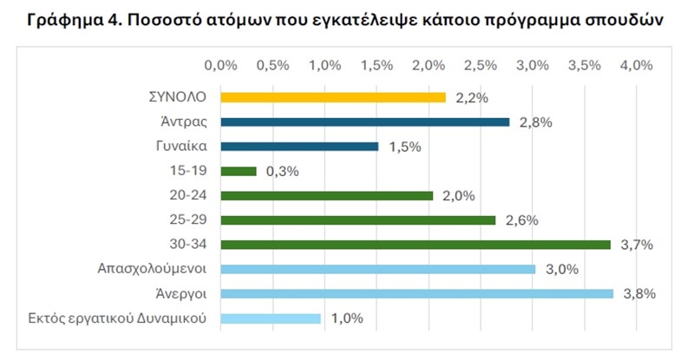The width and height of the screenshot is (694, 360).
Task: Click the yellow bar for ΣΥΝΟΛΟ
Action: pos(333,97)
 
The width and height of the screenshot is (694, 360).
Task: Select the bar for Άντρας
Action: pos(365,122)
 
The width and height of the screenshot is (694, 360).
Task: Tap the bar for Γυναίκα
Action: pos(299,147)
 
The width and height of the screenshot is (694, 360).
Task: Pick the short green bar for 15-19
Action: pos(239,171)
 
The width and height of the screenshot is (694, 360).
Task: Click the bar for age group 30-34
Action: pos(416,245)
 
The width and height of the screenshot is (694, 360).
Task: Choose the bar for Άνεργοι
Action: pos(417,293)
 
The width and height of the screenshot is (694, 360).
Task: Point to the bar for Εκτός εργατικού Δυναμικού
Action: pos(271,318)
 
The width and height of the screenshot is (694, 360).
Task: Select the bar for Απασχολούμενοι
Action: pos(378,269)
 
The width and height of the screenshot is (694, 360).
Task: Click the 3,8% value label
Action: pos(639,293)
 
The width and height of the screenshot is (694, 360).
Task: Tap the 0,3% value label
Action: pos(282,171)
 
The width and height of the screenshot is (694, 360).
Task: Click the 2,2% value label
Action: pos(471,97)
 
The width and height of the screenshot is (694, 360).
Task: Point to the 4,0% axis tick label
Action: pos(636,66)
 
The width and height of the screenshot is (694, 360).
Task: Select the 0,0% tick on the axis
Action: pos(220,66)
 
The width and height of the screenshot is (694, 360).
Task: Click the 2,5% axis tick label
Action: pos(480,66)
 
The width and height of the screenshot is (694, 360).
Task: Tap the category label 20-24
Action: pos(189,195)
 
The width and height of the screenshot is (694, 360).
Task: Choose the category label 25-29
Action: pos(189,219)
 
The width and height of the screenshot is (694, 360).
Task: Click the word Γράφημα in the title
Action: pos(67,20)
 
